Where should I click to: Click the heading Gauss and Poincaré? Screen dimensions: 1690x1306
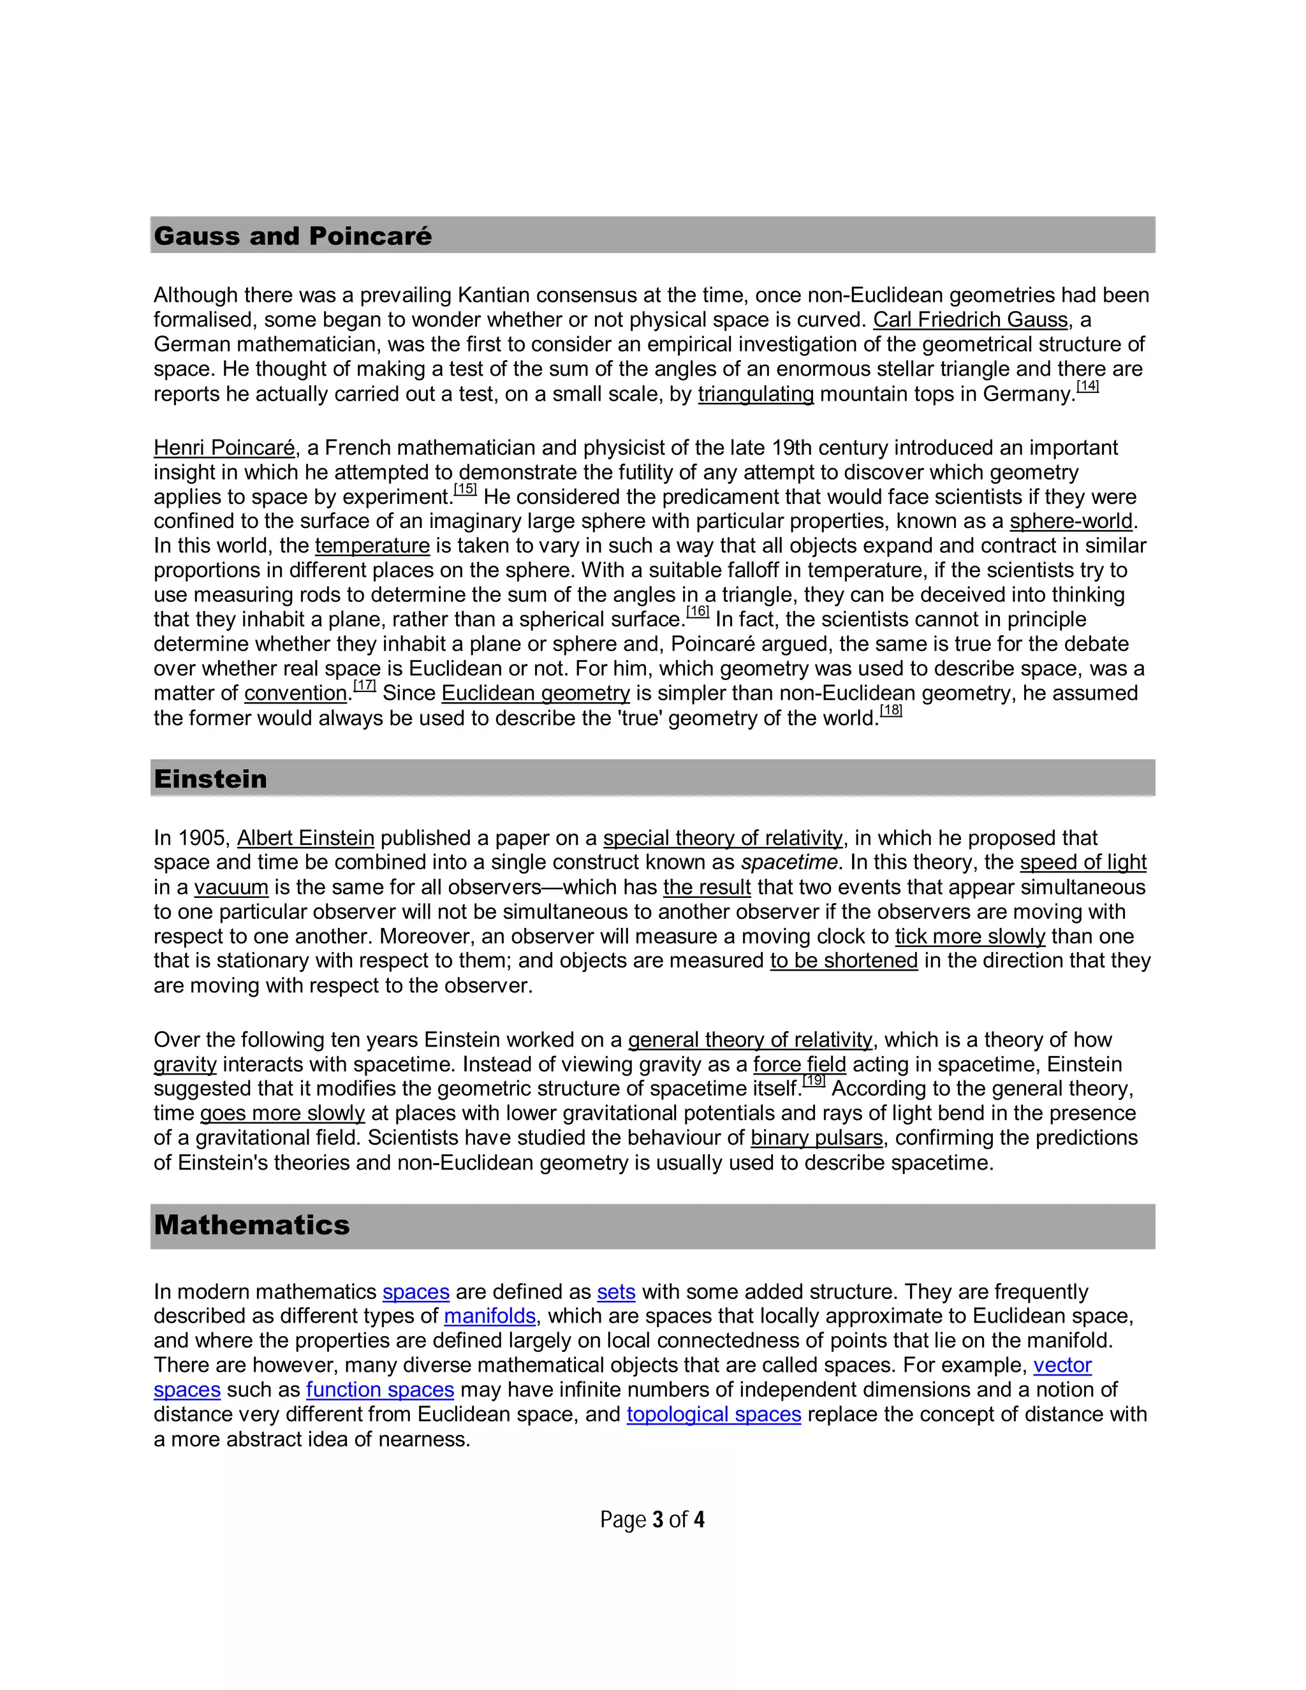[x=293, y=236]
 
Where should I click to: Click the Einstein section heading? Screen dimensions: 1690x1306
[x=210, y=779]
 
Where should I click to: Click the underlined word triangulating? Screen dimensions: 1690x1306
[x=755, y=394]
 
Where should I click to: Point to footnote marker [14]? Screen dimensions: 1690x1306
[x=1087, y=385]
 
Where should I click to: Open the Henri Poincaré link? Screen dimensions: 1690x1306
[x=224, y=448]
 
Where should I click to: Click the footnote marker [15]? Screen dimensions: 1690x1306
[x=465, y=489]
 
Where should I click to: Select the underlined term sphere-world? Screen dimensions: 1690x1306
[x=1071, y=522]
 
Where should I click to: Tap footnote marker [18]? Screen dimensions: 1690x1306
[x=891, y=710]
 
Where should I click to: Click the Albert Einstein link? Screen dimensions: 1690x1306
[x=305, y=838]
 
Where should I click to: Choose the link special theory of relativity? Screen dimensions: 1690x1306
[x=723, y=838]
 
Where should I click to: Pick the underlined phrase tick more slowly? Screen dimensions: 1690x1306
[x=969, y=936]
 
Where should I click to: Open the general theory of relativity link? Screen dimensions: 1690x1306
[x=750, y=1040]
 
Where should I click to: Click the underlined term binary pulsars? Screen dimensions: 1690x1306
[x=816, y=1138]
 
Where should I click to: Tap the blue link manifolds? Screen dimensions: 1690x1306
[x=490, y=1316]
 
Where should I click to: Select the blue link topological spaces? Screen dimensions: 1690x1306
[x=714, y=1414]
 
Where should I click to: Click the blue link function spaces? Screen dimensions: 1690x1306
[x=380, y=1390]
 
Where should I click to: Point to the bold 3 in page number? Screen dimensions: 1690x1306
[x=657, y=1520]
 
